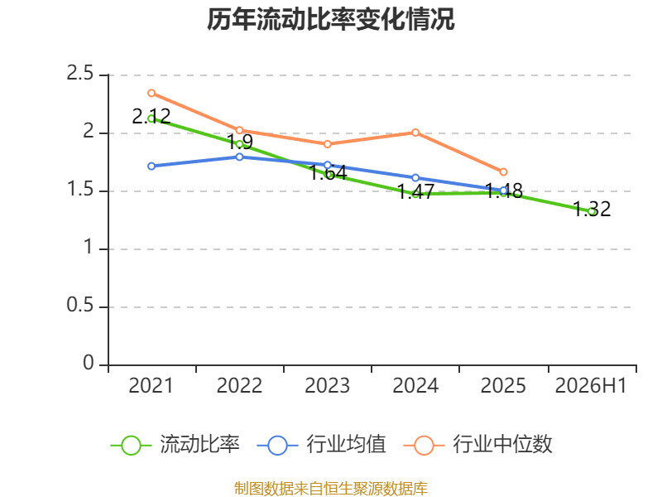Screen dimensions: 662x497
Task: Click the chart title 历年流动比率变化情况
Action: point(330,19)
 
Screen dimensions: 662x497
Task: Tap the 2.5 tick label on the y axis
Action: point(79,73)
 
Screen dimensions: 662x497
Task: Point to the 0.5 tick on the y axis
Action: point(79,305)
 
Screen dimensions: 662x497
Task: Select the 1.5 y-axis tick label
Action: point(79,190)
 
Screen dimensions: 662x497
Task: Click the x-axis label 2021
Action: point(151,386)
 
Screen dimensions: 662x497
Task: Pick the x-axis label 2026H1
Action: point(591,386)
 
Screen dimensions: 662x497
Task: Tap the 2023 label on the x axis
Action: point(327,386)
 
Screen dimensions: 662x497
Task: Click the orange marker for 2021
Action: point(151,93)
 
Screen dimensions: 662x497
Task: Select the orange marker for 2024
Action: point(415,133)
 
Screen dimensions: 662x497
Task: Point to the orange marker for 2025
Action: point(503,172)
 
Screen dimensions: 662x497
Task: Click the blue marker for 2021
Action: point(151,166)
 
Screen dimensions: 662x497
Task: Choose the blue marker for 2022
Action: point(239,157)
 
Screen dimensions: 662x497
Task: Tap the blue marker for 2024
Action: point(415,178)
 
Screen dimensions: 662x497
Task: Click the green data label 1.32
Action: point(592,210)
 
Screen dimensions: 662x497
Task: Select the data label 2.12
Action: point(151,116)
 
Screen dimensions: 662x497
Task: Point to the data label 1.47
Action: point(416,191)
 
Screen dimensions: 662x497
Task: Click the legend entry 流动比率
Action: point(175,445)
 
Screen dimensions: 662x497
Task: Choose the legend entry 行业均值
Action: point(321,445)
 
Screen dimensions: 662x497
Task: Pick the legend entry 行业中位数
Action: point(477,445)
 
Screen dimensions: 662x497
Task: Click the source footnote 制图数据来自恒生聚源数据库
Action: point(330,489)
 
